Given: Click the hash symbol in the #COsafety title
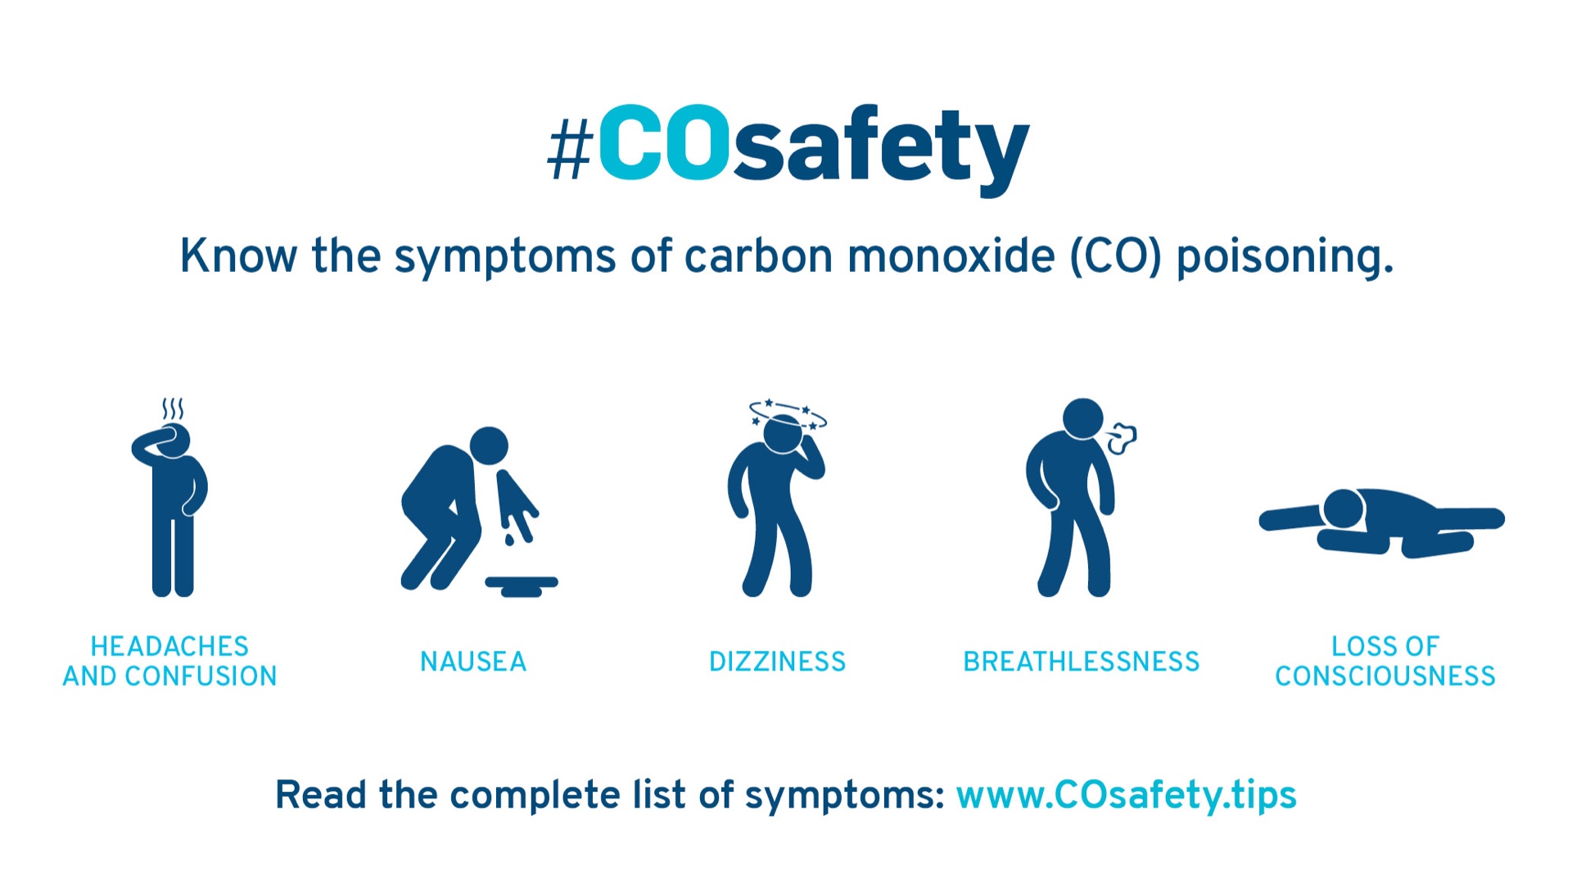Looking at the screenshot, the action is click(x=569, y=147).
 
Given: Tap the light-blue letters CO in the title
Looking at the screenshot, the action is click(x=664, y=142).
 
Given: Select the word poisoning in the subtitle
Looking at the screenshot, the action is click(x=1285, y=257).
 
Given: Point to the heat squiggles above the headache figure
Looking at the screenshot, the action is click(x=172, y=409).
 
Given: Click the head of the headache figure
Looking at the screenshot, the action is click(x=173, y=440).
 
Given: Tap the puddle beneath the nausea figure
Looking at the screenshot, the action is click(x=522, y=585).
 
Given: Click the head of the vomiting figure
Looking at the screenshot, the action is click(x=489, y=446).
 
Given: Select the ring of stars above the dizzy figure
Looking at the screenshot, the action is click(x=788, y=413).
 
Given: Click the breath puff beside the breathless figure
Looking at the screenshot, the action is click(x=1121, y=439).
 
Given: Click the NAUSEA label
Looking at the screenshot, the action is click(x=473, y=662).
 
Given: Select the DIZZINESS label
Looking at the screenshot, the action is click(x=777, y=662).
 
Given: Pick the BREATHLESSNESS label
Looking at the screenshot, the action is click(x=1081, y=662).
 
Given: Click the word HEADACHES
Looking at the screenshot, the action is click(x=169, y=647).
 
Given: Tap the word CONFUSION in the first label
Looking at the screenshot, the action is click(x=201, y=676).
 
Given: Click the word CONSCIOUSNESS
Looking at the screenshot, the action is click(x=1385, y=676).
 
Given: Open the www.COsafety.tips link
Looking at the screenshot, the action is click(x=1127, y=795).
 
